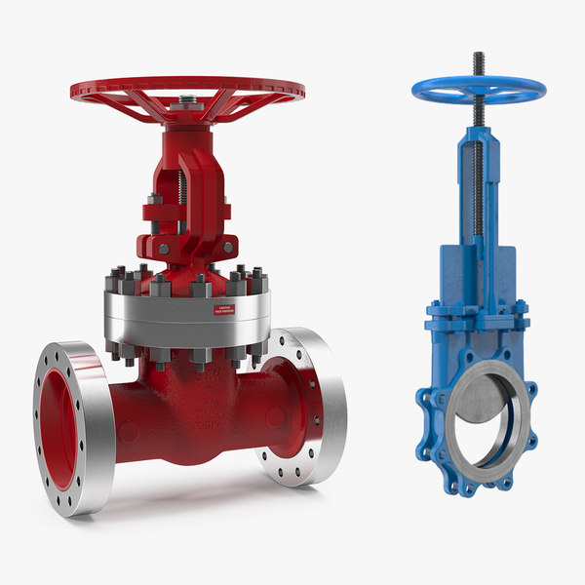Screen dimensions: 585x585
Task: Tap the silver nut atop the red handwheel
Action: [x=187, y=99]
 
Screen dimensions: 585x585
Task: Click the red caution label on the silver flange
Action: [x=224, y=310]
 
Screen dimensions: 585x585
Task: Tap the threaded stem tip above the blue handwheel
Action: [x=479, y=60]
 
